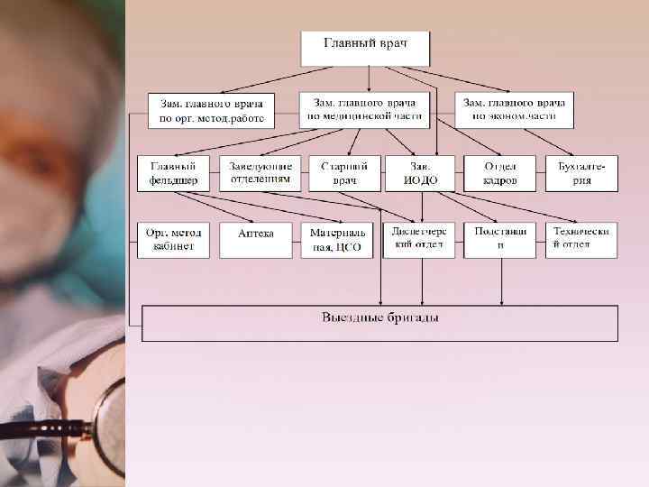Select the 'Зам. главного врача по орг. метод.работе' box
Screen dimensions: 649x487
coord(212,110)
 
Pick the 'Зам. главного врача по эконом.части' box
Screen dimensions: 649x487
coord(514,109)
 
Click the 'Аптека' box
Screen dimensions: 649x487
coord(256,239)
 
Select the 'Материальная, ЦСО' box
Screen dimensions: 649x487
coord(336,239)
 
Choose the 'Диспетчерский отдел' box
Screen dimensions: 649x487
coord(419,239)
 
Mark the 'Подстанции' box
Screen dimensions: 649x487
coord(500,239)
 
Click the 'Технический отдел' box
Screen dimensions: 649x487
coord(582,239)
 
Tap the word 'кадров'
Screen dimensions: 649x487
coord(500,180)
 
